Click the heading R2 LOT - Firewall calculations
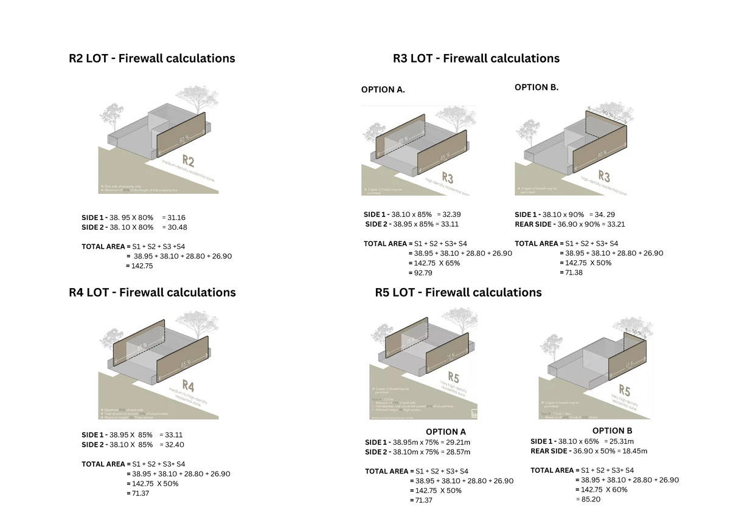(151, 58)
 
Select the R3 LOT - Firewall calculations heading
(476, 58)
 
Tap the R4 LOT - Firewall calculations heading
(152, 292)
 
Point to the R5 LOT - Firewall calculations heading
(458, 292)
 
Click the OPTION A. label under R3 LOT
(383, 89)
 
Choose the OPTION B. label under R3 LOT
(536, 87)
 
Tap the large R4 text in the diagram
(187, 387)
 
